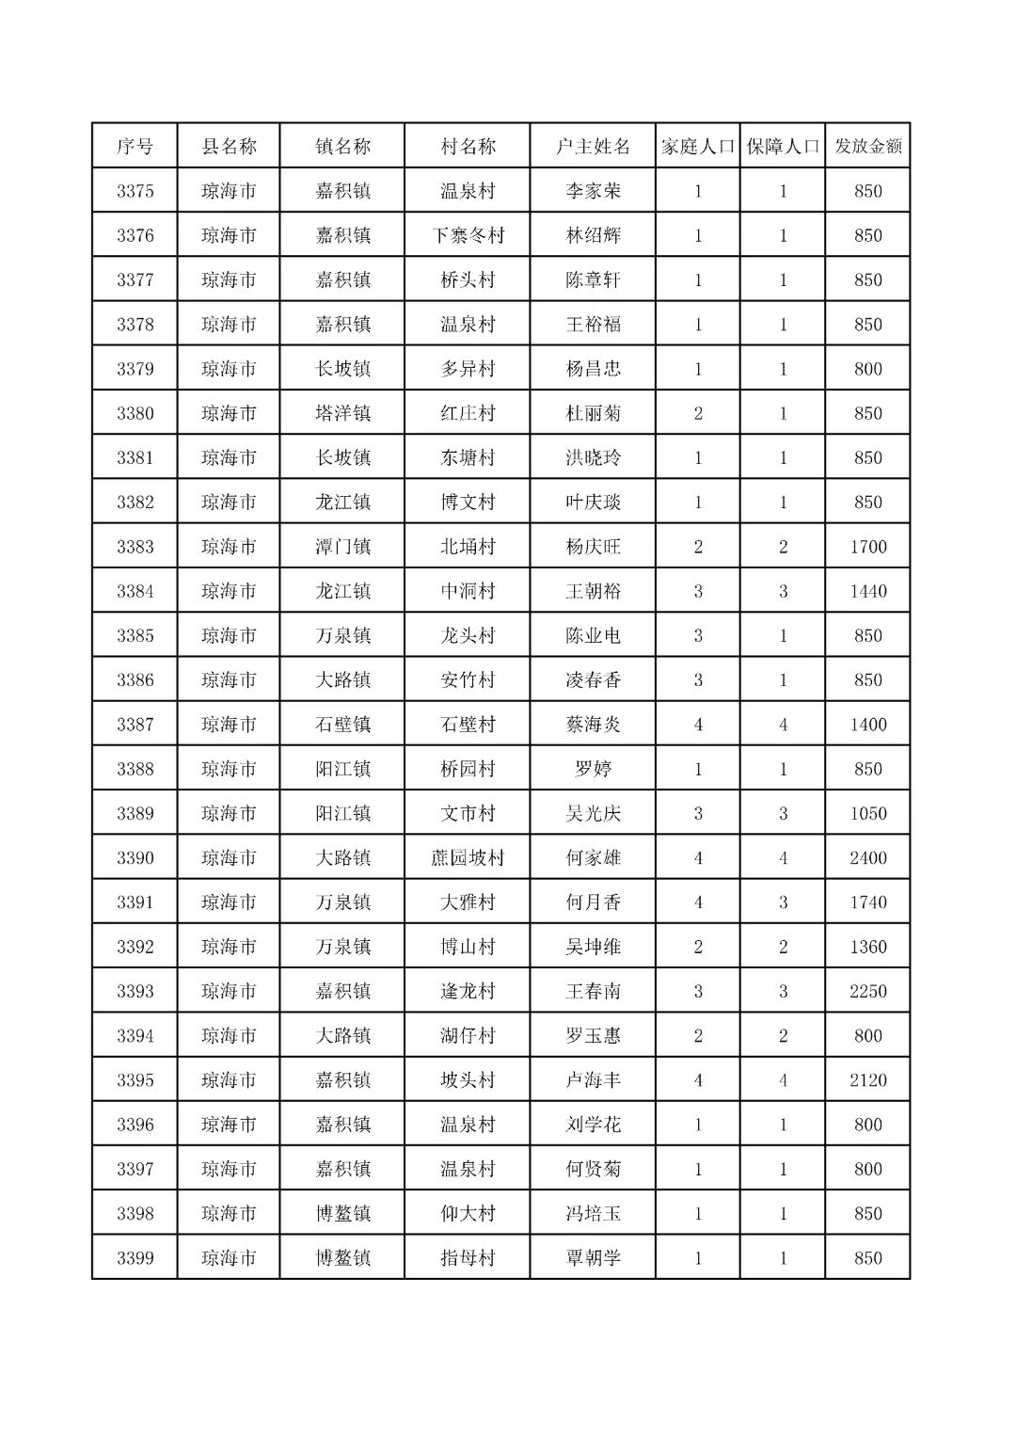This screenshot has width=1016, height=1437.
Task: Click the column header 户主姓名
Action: click(x=593, y=147)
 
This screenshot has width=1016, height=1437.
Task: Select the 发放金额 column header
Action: click(x=867, y=147)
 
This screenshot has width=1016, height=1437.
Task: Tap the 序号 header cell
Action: click(x=135, y=147)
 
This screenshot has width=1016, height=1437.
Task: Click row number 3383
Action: click(x=135, y=547)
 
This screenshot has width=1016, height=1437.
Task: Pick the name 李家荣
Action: click(x=593, y=191)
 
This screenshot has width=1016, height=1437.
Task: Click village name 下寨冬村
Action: click(x=468, y=235)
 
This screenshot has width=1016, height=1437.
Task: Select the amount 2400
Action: click(x=867, y=858)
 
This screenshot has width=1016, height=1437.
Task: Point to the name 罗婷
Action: click(x=593, y=769)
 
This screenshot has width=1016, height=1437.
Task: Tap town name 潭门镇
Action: click(x=342, y=547)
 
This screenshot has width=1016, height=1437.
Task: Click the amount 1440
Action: click(x=867, y=591)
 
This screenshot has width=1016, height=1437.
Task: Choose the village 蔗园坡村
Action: click(x=468, y=858)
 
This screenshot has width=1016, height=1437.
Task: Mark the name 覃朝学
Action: click(x=593, y=1258)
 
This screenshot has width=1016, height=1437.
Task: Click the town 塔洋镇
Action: click(x=342, y=413)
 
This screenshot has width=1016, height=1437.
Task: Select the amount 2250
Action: click(x=867, y=991)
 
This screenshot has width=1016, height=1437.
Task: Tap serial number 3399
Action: click(x=135, y=1258)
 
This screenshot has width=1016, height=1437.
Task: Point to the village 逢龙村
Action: click(x=468, y=991)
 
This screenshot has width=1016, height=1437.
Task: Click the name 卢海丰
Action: click(x=593, y=1080)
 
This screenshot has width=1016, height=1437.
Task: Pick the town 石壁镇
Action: click(x=342, y=725)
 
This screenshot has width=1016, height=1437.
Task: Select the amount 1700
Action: click(x=867, y=547)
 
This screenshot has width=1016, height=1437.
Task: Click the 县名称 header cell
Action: click(x=229, y=147)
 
